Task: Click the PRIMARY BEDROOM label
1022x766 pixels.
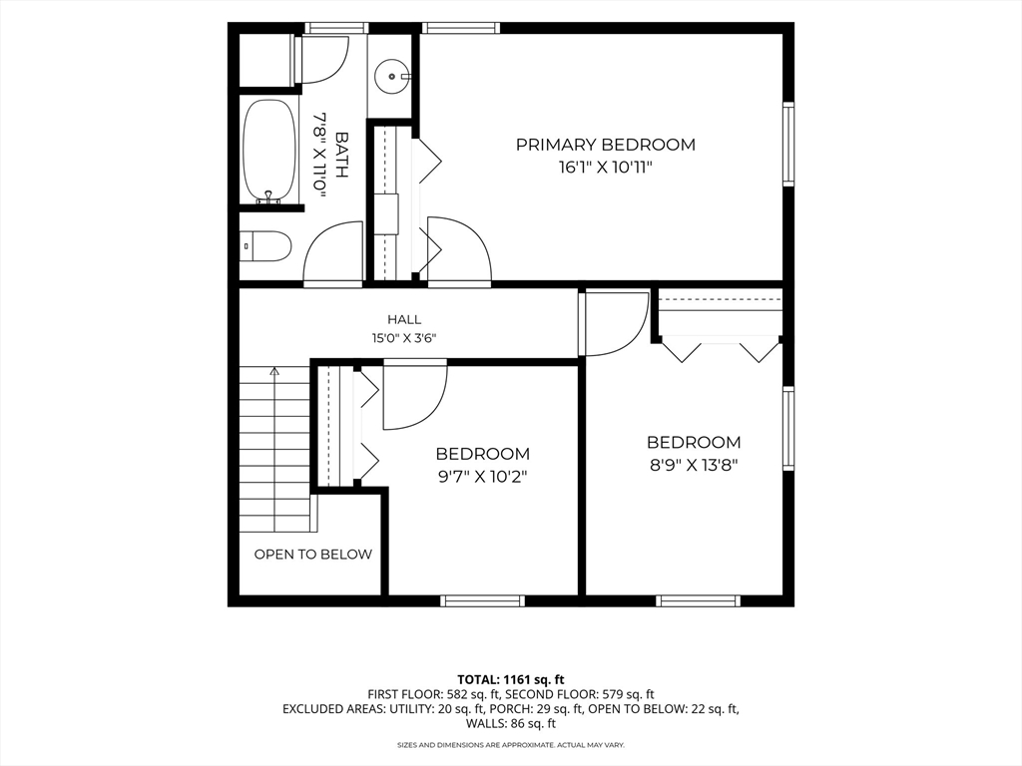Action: click(x=606, y=144)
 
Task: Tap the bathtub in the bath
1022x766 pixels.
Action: click(x=267, y=152)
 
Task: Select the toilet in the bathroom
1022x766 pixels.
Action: click(x=264, y=245)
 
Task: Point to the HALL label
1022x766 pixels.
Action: click(x=404, y=319)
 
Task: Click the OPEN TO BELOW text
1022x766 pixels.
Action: click(x=312, y=555)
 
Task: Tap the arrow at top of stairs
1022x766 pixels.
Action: click(x=274, y=372)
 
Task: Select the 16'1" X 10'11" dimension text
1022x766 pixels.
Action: click(x=606, y=168)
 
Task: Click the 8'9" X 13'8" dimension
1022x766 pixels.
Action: click(x=694, y=465)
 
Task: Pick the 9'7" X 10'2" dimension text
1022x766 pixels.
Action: click(x=482, y=477)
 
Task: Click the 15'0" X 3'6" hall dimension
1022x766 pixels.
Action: click(x=404, y=338)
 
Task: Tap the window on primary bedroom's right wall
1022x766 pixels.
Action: click(x=788, y=144)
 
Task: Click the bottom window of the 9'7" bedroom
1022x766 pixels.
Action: click(x=482, y=600)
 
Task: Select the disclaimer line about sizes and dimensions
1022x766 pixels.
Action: click(x=511, y=744)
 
